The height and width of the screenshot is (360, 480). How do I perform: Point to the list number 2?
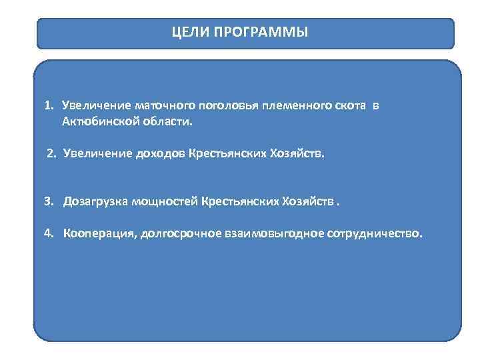51,154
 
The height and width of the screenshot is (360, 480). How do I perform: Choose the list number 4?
49,234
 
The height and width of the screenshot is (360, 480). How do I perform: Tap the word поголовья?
219,106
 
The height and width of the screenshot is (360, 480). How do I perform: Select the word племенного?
282,106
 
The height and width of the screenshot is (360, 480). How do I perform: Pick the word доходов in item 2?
159,154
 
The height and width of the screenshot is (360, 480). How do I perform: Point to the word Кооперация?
100,234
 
